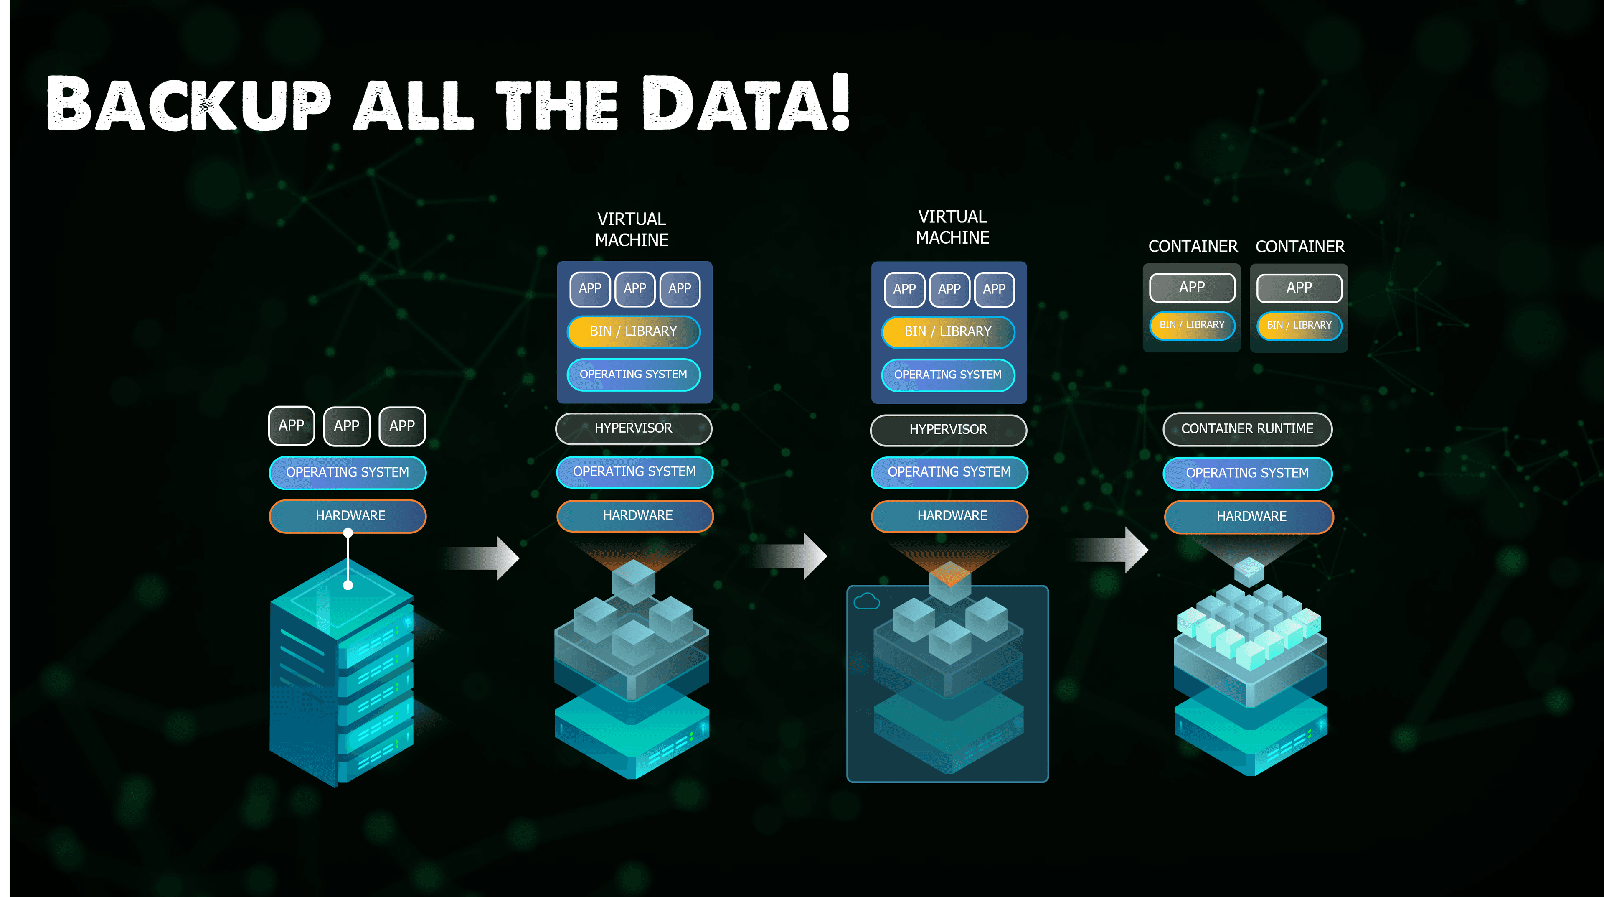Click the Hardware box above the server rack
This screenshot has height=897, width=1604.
point(348,516)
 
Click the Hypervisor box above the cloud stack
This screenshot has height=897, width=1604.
point(948,430)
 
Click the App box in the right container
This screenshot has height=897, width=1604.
point(1299,288)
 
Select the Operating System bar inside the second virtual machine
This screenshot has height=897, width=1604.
point(948,375)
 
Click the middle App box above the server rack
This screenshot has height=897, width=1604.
point(347,426)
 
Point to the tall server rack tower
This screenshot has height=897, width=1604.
point(342,673)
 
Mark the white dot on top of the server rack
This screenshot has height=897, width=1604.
point(348,585)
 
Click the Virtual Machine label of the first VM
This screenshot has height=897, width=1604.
point(632,229)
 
